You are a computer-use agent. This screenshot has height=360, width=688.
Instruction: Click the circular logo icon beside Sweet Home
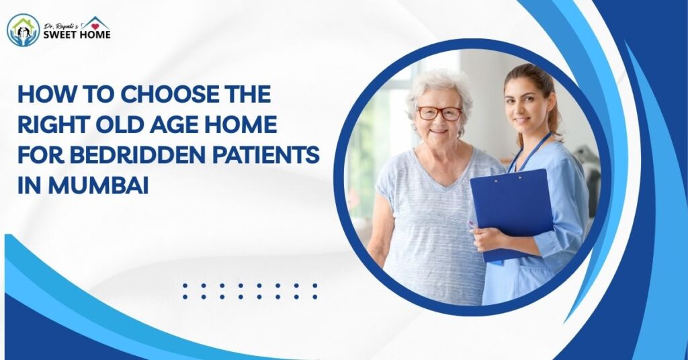23,30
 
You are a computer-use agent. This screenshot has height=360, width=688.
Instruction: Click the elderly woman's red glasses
439,113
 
